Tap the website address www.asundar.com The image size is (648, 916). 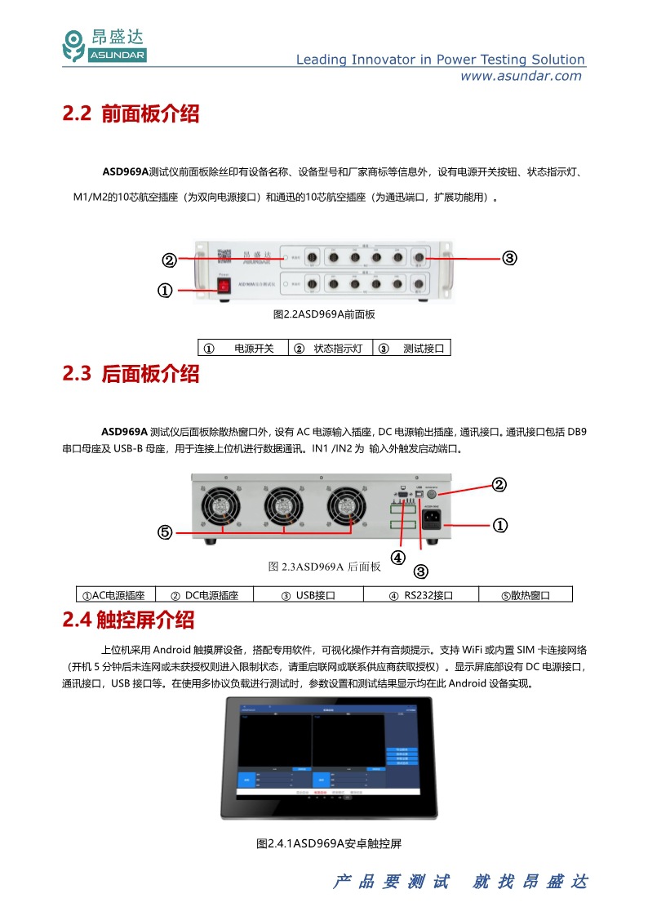(x=522, y=76)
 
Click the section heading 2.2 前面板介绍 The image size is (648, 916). (x=131, y=114)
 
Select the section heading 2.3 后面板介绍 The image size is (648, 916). (x=131, y=375)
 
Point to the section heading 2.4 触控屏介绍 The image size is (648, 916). (x=128, y=620)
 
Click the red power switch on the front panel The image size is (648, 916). (x=222, y=285)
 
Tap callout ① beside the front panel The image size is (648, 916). (x=164, y=291)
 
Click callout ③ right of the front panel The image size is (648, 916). (x=508, y=258)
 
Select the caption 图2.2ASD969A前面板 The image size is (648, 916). (x=324, y=314)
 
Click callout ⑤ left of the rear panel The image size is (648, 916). (x=164, y=532)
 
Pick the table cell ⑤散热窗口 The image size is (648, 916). (x=526, y=595)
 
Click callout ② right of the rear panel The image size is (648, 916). (x=499, y=484)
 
